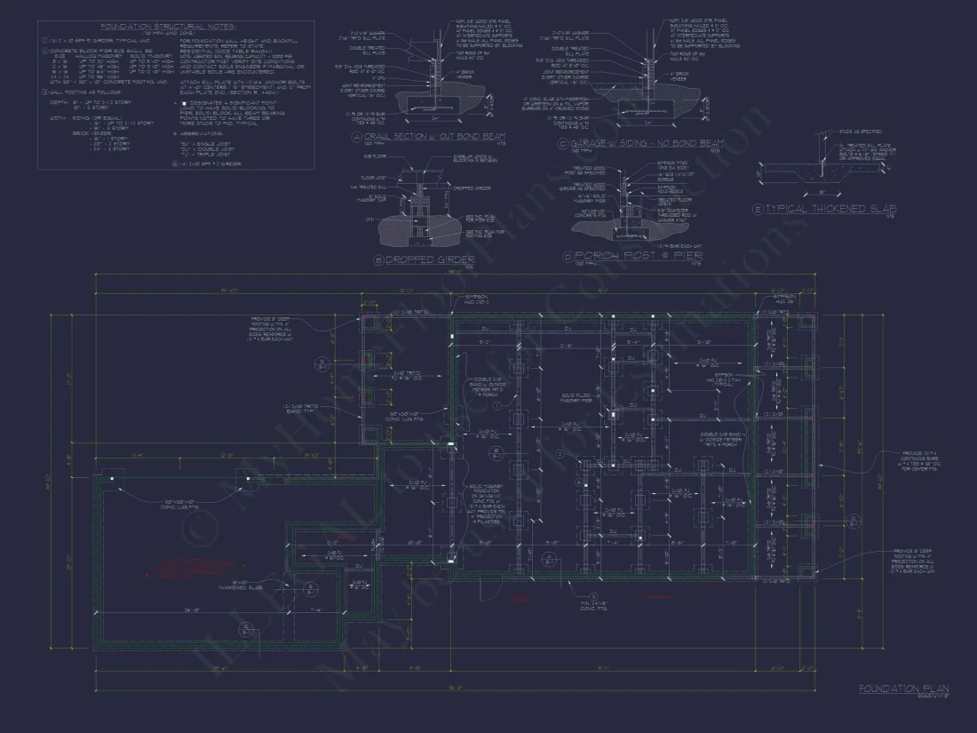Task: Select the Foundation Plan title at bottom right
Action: point(902,689)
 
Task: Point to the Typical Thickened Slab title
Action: point(829,209)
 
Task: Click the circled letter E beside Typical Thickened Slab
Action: point(757,210)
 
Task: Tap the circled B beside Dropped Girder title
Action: point(378,260)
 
